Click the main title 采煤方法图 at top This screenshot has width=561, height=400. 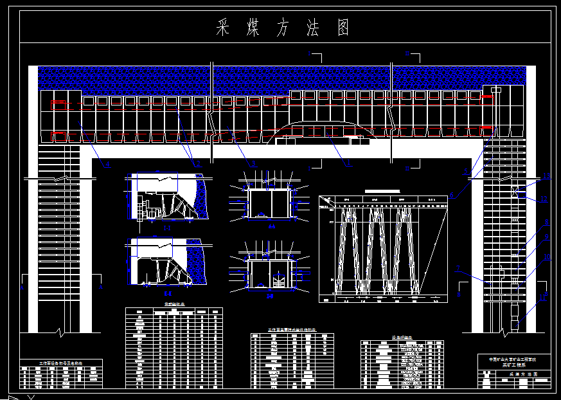[283, 28]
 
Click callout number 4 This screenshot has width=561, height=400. [108, 165]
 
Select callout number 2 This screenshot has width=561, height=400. [199, 164]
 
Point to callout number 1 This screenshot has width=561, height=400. [349, 164]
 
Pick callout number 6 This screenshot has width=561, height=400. [452, 196]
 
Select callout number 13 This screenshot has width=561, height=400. [546, 176]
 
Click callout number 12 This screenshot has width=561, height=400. [544, 199]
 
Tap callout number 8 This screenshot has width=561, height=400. [547, 223]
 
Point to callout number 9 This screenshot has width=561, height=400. [546, 237]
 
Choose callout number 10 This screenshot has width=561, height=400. [547, 259]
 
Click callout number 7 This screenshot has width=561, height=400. [458, 268]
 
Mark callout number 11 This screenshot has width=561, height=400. [544, 297]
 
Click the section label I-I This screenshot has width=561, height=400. [166, 228]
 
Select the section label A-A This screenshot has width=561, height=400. [271, 227]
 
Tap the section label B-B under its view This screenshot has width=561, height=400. [271, 296]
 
